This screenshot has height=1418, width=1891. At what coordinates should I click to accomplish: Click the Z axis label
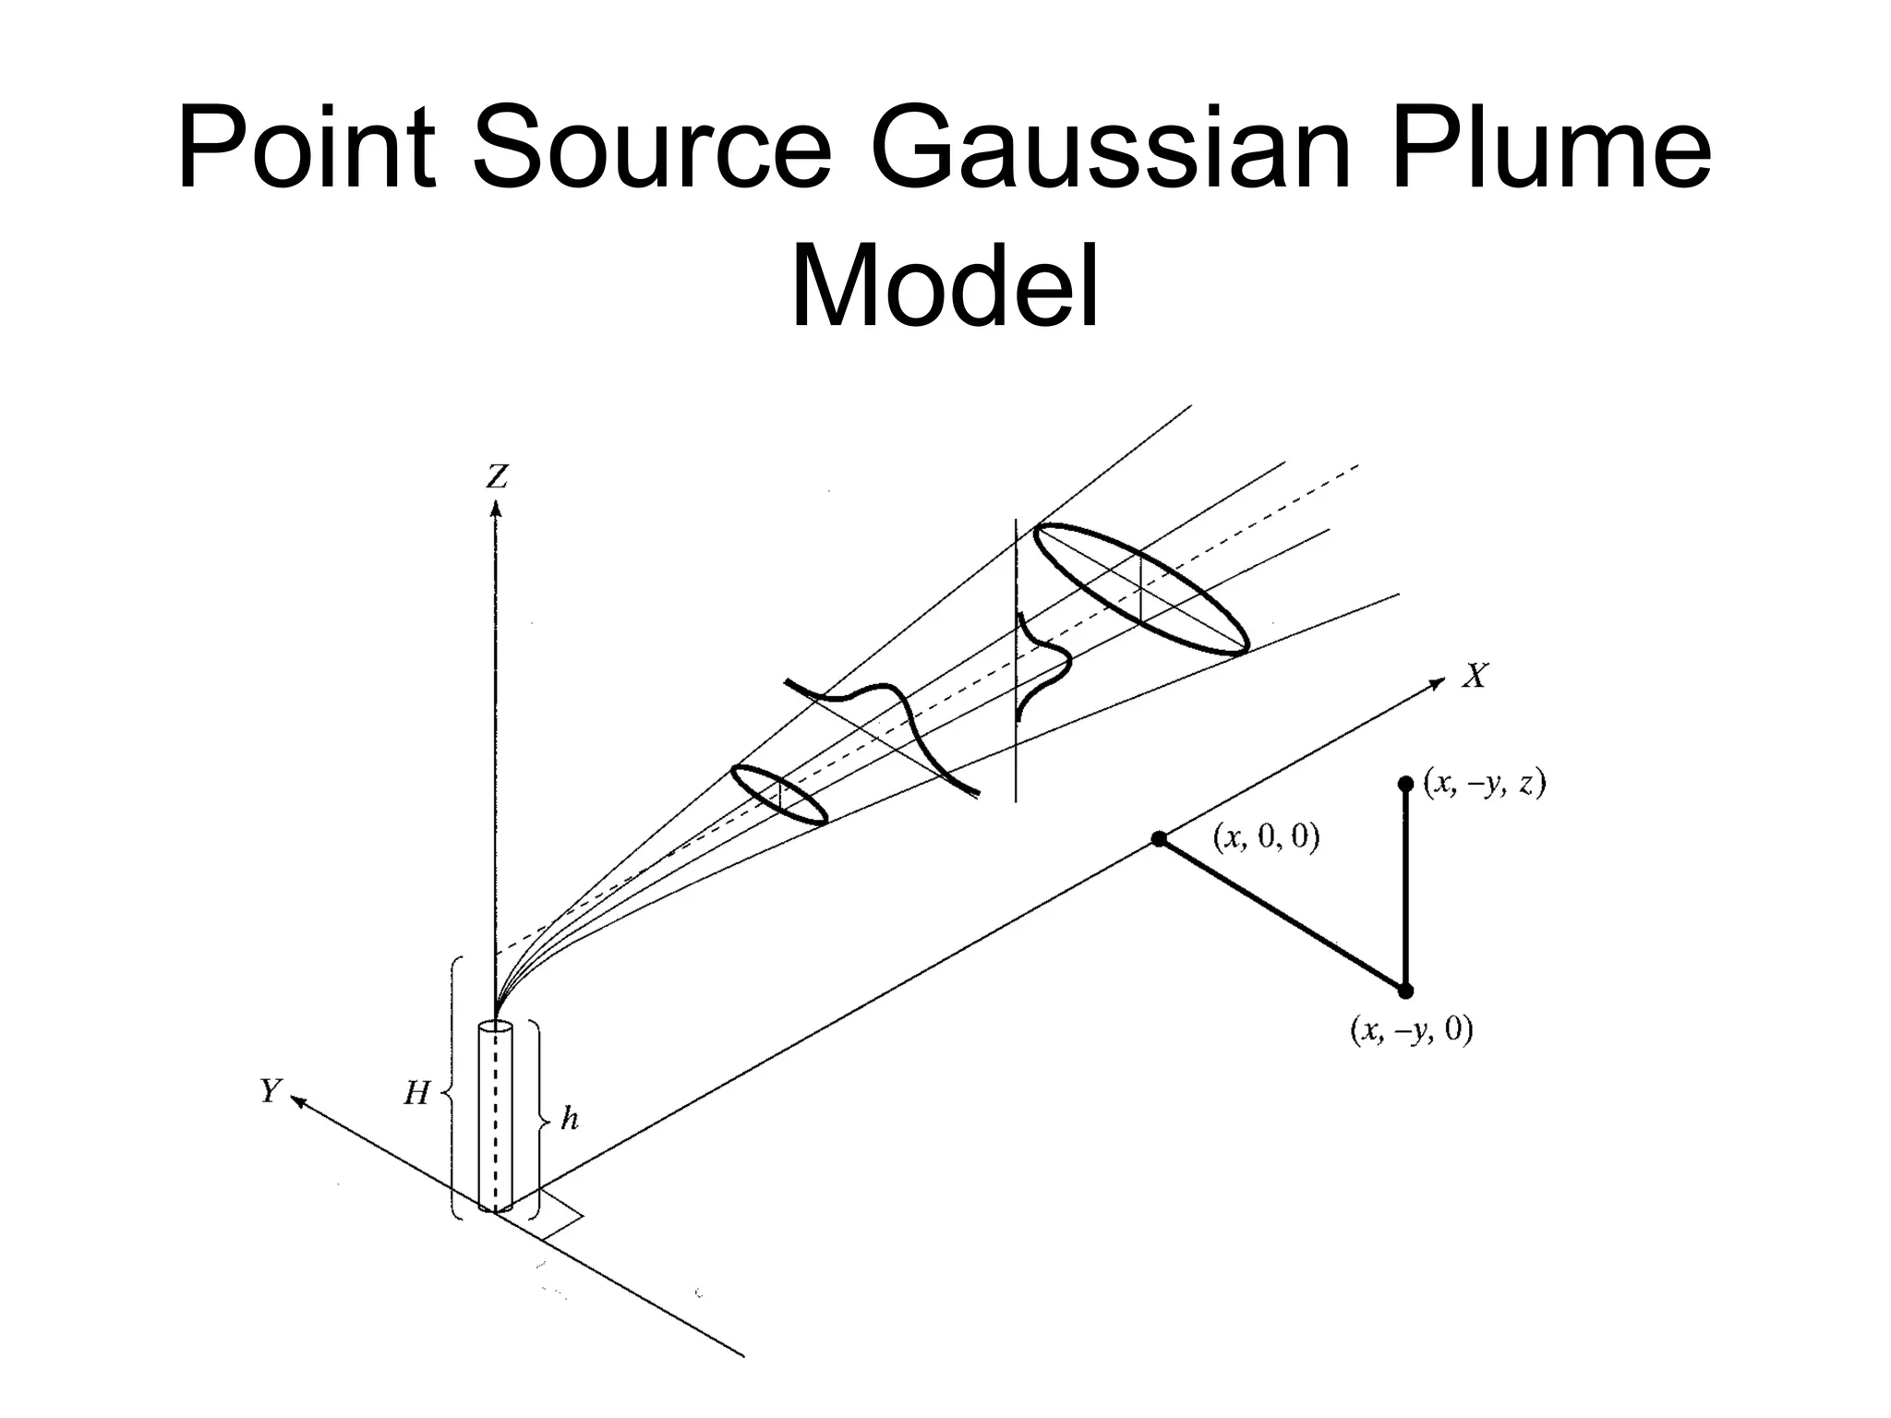point(497,477)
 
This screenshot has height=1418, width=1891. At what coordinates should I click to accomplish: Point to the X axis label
point(1475,677)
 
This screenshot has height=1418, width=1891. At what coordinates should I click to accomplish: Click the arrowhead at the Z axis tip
point(496,509)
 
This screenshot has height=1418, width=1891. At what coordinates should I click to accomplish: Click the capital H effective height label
point(416,1094)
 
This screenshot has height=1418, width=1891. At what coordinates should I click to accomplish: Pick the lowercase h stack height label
point(570,1119)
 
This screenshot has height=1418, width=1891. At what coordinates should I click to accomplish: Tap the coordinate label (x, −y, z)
point(1484,783)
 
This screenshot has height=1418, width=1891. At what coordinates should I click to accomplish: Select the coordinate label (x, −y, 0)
point(1411,1028)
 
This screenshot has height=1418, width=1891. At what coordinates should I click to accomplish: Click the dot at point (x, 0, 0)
point(1159,839)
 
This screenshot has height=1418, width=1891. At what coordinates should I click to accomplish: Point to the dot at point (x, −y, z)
point(1405,784)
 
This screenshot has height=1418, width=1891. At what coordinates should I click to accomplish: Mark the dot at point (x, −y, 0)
point(1405,991)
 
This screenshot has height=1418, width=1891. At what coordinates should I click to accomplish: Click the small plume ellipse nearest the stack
point(779,794)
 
